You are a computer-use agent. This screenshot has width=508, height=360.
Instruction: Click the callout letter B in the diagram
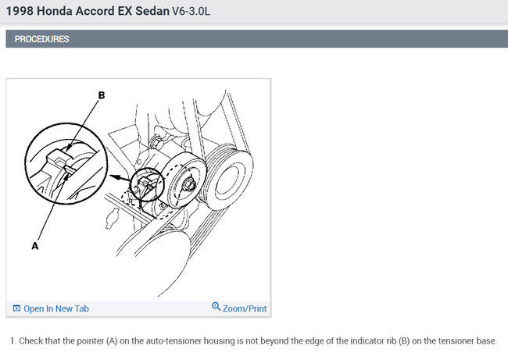101,95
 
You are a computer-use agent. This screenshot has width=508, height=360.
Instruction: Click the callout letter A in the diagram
34,244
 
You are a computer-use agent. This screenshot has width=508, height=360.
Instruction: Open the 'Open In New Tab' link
56,308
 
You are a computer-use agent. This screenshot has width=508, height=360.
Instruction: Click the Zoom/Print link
245,308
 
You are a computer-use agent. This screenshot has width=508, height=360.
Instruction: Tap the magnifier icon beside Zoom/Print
216,307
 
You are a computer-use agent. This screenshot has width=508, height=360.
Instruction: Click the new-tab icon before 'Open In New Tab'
16,308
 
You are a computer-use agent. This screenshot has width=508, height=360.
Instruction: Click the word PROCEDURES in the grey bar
41,39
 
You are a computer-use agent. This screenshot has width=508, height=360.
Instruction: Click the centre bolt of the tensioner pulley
190,187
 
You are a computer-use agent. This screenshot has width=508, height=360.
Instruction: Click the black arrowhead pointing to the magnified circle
113,177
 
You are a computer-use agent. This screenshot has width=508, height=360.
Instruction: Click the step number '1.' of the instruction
13,341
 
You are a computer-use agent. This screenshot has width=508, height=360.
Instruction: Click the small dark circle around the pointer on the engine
147,184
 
